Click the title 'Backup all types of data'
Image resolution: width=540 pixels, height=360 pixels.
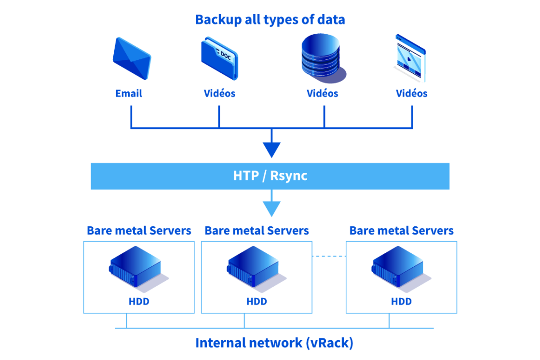coord(270,20)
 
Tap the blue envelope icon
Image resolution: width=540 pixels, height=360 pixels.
coord(132,58)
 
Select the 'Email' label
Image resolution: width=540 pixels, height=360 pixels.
coord(129,94)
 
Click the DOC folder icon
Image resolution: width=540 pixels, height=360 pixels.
coord(219,58)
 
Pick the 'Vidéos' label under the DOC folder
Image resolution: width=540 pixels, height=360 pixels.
coord(219,94)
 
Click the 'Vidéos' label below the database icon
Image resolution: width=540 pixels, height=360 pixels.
coord(323,94)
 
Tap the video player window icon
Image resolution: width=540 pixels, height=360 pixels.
coord(410,58)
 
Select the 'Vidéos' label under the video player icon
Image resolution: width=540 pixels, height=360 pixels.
coord(411,94)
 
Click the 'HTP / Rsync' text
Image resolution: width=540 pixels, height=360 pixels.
coord(270,176)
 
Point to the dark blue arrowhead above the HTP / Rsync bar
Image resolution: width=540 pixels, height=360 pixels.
coord(271,150)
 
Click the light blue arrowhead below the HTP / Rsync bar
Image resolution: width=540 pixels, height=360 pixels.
coord(271,208)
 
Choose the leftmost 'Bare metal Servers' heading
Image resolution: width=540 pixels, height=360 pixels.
coord(139,231)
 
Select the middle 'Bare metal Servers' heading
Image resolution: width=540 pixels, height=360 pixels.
coord(256,231)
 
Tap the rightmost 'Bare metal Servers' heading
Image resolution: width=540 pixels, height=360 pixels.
coord(401,231)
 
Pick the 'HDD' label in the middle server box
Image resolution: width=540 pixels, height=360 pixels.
coord(256,302)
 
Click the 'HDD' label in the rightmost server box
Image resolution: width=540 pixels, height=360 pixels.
coord(401,302)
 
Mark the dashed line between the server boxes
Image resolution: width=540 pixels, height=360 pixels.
coord(329,256)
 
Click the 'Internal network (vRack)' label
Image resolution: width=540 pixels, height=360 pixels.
coord(274,343)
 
